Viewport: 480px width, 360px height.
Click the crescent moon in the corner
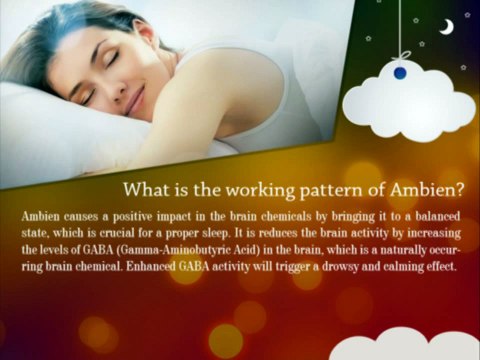pyautogui.click(x=447, y=27)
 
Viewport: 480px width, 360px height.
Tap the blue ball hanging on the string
pyautogui.click(x=400, y=72)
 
